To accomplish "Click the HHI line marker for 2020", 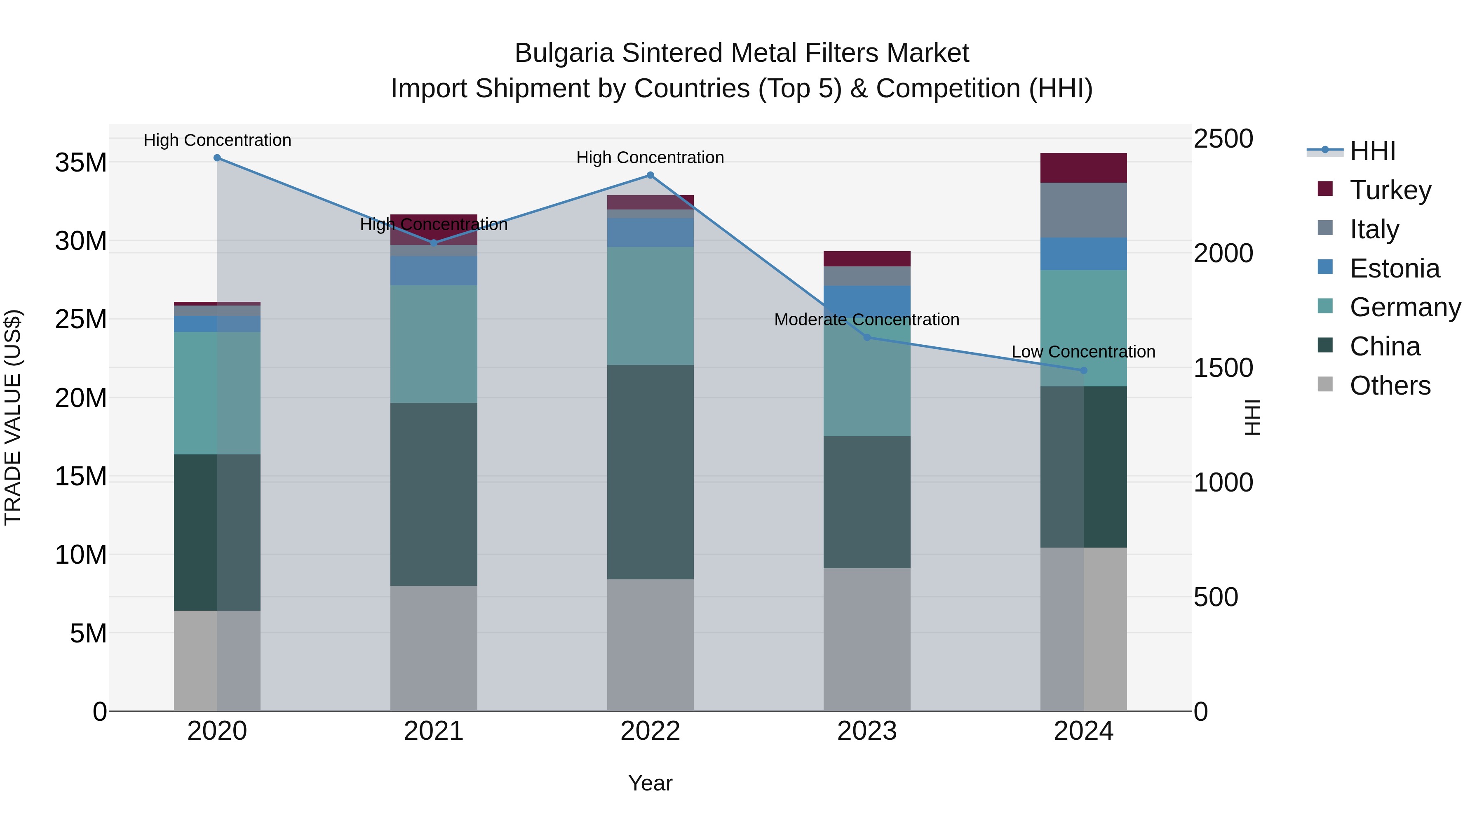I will [217, 158].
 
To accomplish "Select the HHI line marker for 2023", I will [867, 338].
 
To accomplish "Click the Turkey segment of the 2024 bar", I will [1084, 168].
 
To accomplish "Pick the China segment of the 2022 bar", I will [650, 472].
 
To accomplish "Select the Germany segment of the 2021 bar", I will [434, 344].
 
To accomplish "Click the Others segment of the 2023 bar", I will [867, 640].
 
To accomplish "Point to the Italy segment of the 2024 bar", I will [1084, 210].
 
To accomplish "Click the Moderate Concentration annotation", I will [866, 320].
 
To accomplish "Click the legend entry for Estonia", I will [1394, 268].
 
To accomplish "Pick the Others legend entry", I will [1390, 386].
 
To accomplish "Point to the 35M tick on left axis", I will [81, 163].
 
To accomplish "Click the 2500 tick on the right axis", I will [1223, 139].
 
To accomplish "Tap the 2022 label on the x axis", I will [650, 731].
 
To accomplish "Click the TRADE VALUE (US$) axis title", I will [13, 417].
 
